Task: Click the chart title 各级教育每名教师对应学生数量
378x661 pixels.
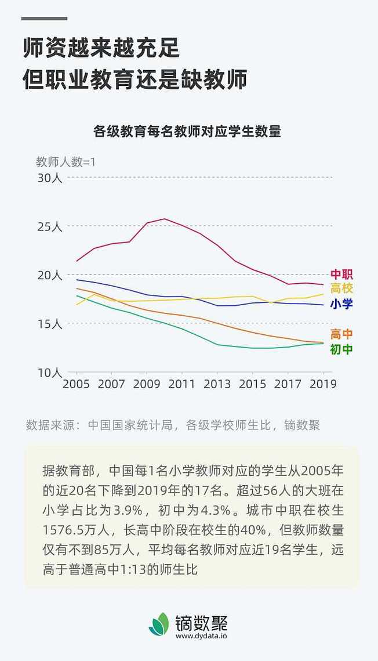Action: pyautogui.click(x=187, y=132)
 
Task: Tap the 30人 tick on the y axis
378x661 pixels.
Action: pyautogui.click(x=49, y=178)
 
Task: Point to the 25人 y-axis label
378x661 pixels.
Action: pyautogui.click(x=49, y=227)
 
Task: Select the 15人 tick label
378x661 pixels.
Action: pyautogui.click(x=49, y=324)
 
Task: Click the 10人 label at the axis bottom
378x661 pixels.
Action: pyautogui.click(x=49, y=373)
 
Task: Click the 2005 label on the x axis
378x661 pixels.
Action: pyautogui.click(x=75, y=384)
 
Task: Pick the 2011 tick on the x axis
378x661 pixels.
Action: pyautogui.click(x=182, y=384)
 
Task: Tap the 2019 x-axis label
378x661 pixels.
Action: pyautogui.click(x=324, y=384)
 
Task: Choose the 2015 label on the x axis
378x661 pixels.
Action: pyautogui.click(x=253, y=384)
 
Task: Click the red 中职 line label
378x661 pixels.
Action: pyautogui.click(x=341, y=274)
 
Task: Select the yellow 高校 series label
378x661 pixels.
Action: pyautogui.click(x=341, y=288)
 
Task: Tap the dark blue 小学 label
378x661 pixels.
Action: pyautogui.click(x=341, y=304)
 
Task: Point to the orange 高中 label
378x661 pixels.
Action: pyautogui.click(x=341, y=334)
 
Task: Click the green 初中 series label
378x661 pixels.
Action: pyautogui.click(x=341, y=349)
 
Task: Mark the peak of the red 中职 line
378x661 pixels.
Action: pyautogui.click(x=165, y=219)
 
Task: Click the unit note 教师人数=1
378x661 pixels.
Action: pyautogui.click(x=66, y=162)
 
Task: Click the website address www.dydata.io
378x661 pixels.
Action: pyautogui.click(x=202, y=636)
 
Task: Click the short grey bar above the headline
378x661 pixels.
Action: pyautogui.click(x=44, y=19)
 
